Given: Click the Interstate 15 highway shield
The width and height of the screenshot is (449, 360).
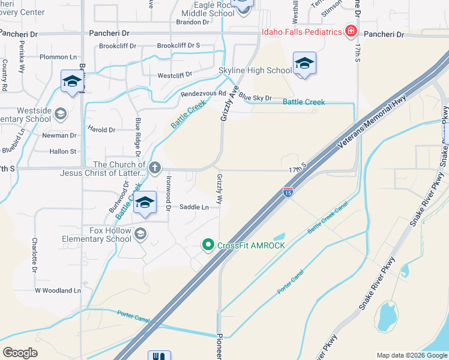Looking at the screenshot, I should pos(288,193).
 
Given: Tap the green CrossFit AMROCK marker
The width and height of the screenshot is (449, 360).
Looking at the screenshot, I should pos(208,245).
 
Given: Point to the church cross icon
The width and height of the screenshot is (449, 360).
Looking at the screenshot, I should pos(155,167).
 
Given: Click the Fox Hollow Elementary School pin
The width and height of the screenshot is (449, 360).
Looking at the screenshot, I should pos(140,233).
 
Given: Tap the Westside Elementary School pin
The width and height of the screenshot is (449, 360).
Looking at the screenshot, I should pos(60,113).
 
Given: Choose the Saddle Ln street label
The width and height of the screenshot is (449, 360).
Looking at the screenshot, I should pos(194,208).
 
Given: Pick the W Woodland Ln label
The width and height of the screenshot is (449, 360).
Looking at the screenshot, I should pos(58,290).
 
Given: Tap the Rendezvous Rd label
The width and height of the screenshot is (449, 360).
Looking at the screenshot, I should pos(203,94).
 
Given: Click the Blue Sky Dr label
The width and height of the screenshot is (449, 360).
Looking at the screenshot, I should pos(255,97).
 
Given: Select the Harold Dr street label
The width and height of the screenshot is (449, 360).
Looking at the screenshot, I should pos(101,130).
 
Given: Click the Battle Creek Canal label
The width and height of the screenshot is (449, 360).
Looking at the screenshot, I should pos(328,217).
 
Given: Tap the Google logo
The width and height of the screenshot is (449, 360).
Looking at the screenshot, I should pos(20,353).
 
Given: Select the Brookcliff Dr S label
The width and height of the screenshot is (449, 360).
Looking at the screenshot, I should pos(178,46).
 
